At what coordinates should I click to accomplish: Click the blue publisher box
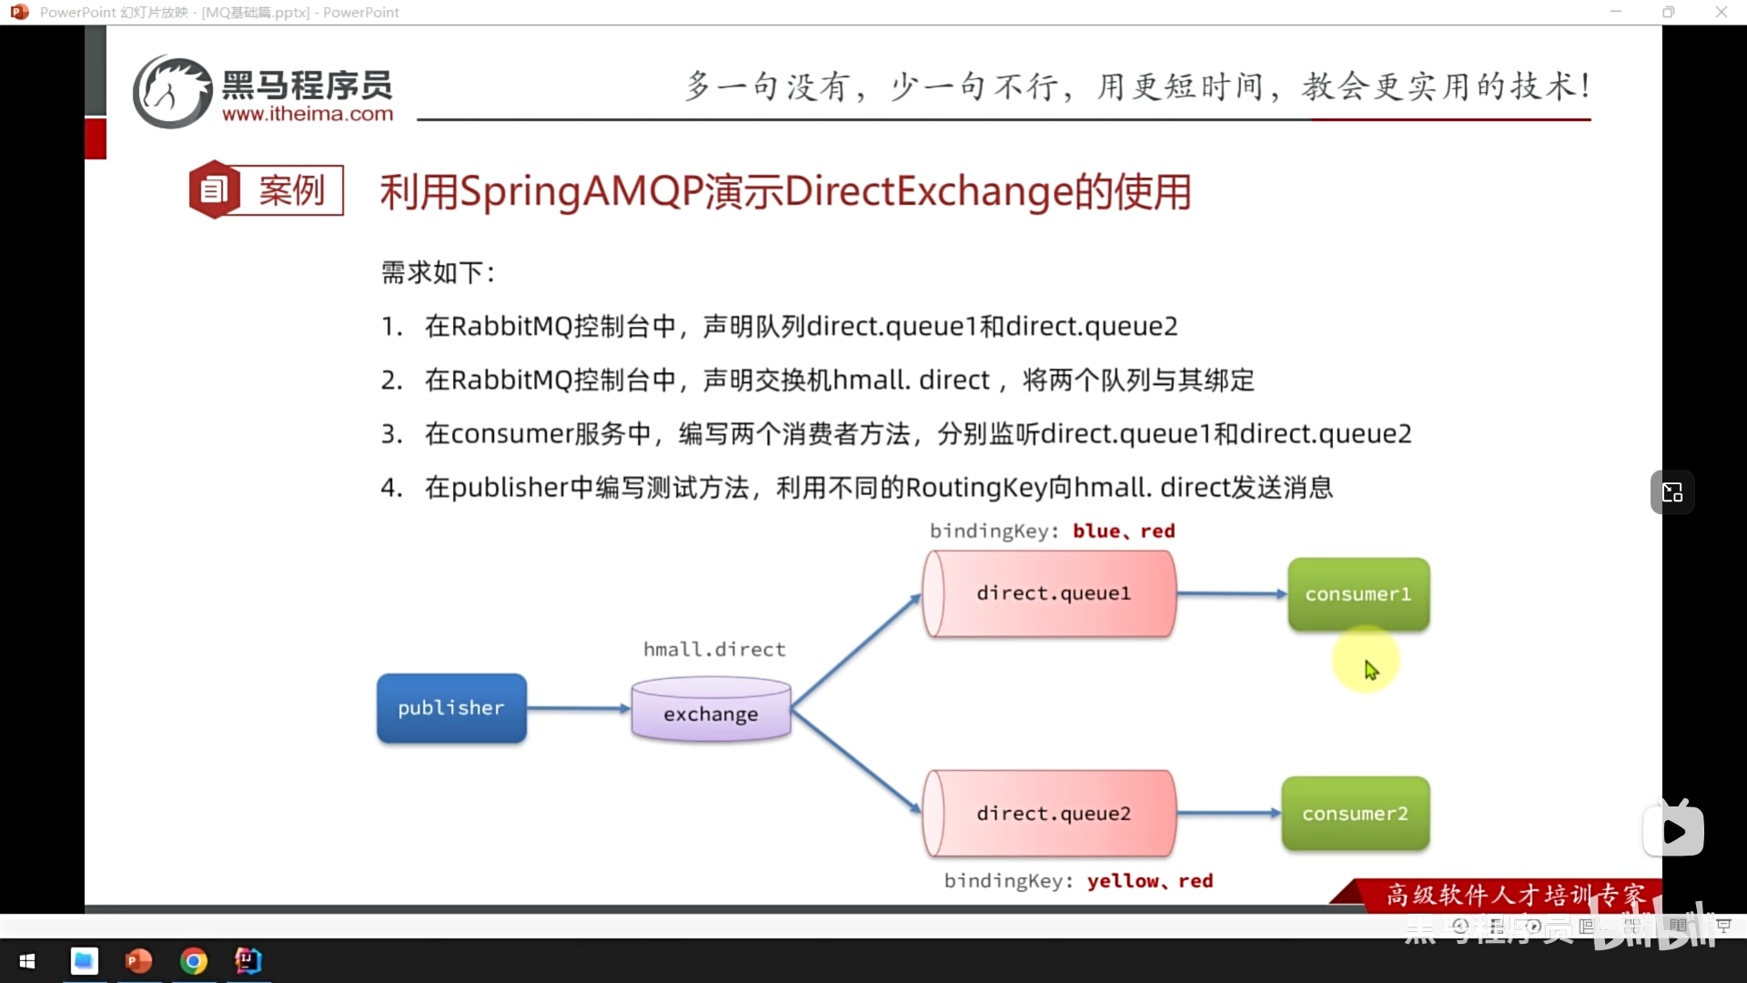click(451, 708)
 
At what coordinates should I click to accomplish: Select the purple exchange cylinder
click(711, 710)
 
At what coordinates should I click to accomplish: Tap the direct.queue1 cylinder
click(1051, 593)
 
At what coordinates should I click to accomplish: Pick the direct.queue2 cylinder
click(1051, 814)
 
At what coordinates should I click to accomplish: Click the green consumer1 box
click(1358, 594)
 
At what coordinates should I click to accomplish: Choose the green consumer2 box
click(1356, 814)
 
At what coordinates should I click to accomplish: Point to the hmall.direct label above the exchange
click(714, 650)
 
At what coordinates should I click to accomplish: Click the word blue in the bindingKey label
click(1096, 532)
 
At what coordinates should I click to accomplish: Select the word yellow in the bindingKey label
click(1123, 881)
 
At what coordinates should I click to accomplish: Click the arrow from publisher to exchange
click(579, 708)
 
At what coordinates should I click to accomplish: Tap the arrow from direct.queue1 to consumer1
click(1231, 594)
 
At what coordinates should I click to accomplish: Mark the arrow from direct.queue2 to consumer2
click(1228, 813)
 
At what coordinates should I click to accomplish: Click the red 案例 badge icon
click(214, 190)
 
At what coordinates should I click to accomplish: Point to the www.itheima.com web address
click(308, 115)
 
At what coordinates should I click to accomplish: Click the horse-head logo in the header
click(172, 92)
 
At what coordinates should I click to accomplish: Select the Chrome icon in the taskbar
click(194, 961)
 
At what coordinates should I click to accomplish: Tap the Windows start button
click(27, 961)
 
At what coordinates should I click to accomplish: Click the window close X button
click(1721, 12)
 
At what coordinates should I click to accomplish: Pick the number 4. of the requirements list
click(391, 488)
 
